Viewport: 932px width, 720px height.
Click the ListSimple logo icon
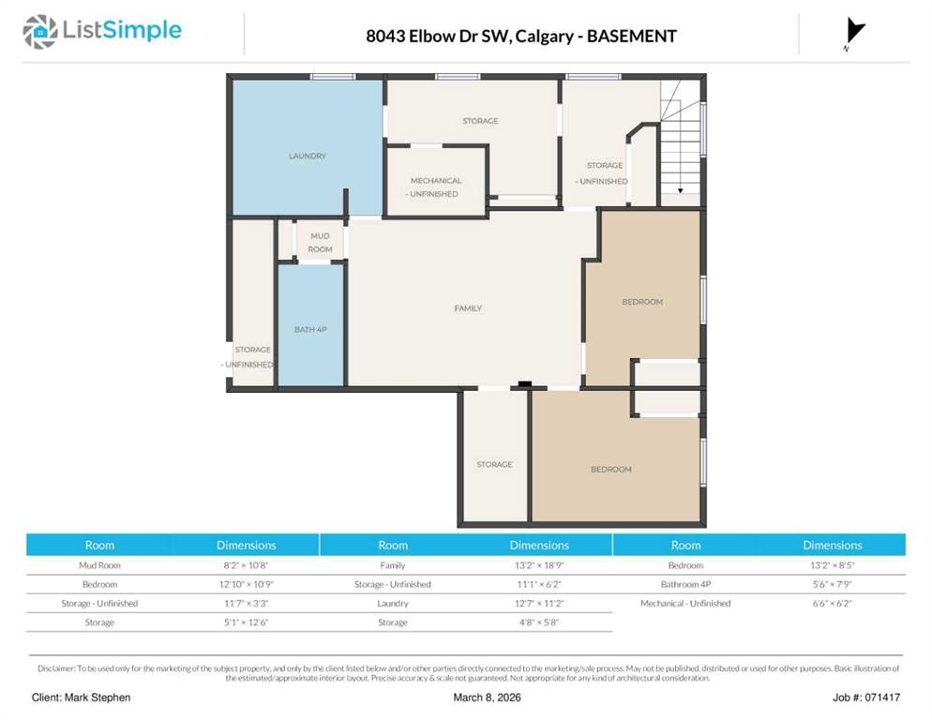40,32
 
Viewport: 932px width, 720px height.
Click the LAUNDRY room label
308,156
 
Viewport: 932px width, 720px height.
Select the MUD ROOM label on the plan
320,243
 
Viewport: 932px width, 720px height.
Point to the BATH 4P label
310,330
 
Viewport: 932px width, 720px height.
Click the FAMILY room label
468,308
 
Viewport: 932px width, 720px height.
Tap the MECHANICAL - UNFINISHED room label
436,187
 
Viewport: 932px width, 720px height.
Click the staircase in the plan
681,141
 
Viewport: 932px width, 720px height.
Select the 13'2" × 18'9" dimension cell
539,565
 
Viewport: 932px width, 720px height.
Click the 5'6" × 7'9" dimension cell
832,584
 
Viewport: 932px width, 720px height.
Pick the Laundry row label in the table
393,604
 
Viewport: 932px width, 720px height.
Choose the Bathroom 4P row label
685,584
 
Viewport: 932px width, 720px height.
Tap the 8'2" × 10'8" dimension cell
247,565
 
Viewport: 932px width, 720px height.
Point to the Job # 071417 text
865,697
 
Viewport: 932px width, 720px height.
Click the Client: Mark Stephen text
81,697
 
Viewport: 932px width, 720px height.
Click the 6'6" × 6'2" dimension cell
832,604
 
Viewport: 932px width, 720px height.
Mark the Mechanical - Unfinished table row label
685,604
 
